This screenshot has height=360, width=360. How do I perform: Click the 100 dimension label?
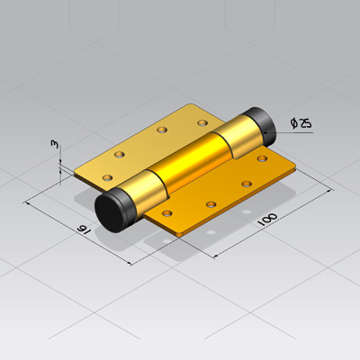coord(267,220)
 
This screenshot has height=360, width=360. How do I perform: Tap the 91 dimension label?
coord(84,229)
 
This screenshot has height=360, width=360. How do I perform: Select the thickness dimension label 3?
coord(54,144)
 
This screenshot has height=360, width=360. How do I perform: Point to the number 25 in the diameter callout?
coord(305,123)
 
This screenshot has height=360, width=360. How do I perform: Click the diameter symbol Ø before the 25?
coord(294,123)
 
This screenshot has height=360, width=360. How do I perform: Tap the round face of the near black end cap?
coord(110,212)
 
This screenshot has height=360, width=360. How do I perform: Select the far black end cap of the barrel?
coord(261,126)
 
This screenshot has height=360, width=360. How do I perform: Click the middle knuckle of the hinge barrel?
coord(192,162)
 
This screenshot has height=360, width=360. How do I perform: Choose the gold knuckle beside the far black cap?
coord(236,136)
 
